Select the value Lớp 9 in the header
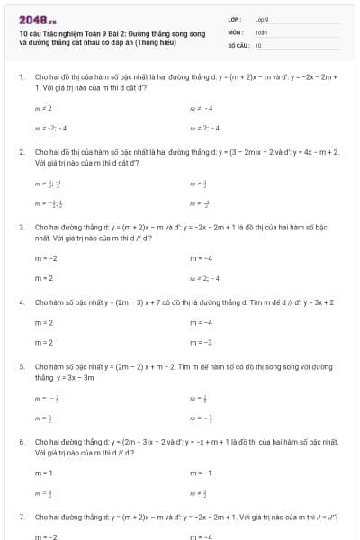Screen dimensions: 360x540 (x=262, y=19)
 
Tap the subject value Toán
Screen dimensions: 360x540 (x=261, y=31)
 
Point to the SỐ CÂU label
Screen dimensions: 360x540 (x=238, y=44)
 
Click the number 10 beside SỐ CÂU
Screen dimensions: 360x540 (x=258, y=44)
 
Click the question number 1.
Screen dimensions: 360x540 (x=21, y=77)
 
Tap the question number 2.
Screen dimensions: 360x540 (x=21, y=152)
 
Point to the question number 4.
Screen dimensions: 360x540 (x=21, y=302)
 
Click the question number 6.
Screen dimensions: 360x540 (x=21, y=443)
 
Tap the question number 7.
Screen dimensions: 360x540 (x=21, y=517)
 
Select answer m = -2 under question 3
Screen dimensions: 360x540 (x=45, y=258)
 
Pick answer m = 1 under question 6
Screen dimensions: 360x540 (x=43, y=472)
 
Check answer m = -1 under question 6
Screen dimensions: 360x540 (x=200, y=472)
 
